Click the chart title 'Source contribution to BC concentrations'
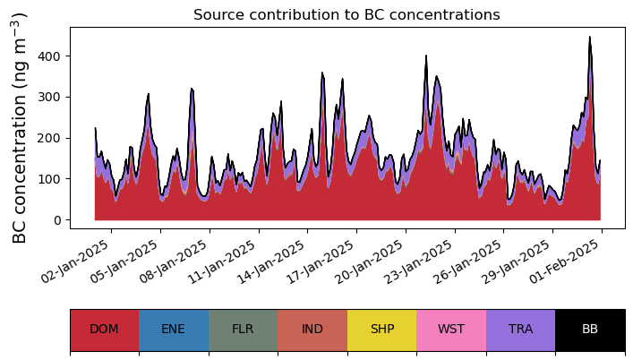tap(346, 15)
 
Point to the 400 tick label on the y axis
tap(48, 56)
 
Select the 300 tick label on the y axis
tap(48, 98)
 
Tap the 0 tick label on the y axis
tap(56, 220)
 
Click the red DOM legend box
tap(105, 330)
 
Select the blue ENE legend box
tap(174, 330)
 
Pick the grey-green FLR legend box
tap(243, 330)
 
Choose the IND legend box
tap(312, 330)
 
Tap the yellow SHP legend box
tap(382, 330)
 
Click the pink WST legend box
tap(451, 330)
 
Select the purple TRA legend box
tap(521, 330)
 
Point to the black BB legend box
tap(590, 330)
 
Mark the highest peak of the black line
tap(590, 37)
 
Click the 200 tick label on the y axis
tap(48, 139)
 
